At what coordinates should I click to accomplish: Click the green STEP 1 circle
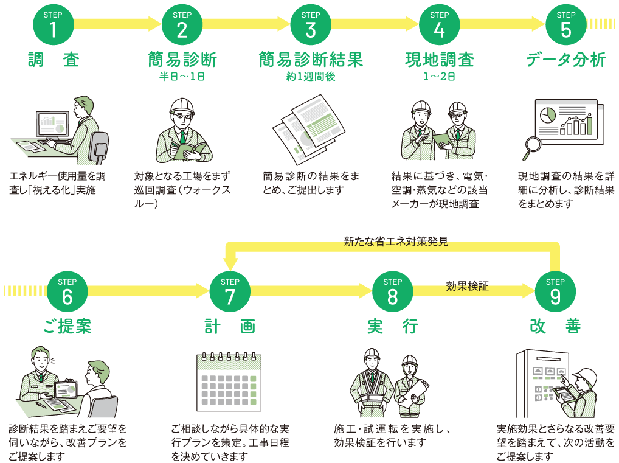tap(54, 26)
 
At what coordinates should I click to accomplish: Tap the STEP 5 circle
tap(565, 26)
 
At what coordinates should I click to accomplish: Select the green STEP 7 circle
tap(230, 292)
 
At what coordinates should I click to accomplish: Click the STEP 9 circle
tap(555, 292)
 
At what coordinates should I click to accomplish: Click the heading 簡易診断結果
tap(310, 60)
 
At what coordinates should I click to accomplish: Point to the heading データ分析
tap(565, 60)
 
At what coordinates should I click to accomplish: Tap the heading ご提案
tap(67, 326)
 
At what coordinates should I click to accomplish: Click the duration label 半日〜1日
tap(182, 77)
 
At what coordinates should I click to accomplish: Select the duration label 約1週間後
tap(310, 77)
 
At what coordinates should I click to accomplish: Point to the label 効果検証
tap(467, 285)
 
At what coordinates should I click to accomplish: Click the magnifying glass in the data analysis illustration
tap(532, 145)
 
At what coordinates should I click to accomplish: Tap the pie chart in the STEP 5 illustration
tap(548, 114)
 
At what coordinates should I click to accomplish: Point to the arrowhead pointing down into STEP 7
tap(230, 263)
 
